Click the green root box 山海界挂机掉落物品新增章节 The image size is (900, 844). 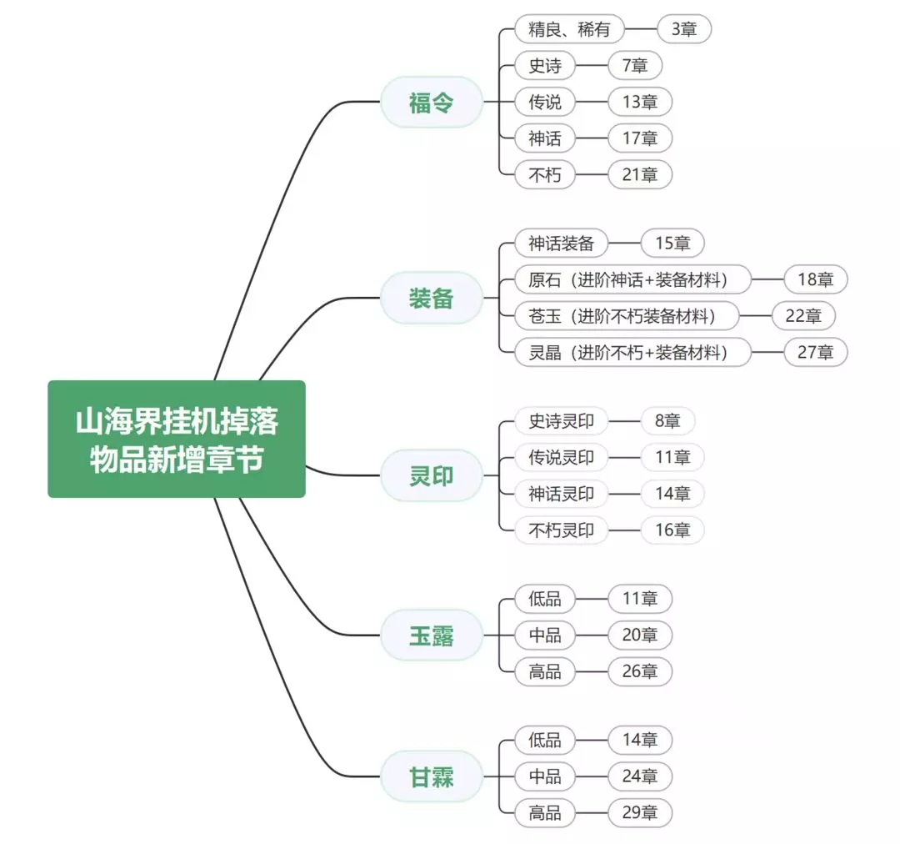tap(177, 439)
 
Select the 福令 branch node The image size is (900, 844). tap(432, 102)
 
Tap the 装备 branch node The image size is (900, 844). tap(432, 298)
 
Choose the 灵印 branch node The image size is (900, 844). tap(432, 475)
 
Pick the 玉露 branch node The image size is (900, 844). tap(432, 636)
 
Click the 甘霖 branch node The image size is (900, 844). tap(432, 776)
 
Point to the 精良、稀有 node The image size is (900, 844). tap(569, 29)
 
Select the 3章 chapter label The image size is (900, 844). tap(684, 29)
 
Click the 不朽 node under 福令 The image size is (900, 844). tap(545, 174)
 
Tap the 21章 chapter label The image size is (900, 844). tap(639, 174)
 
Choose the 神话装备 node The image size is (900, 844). tap(561, 244)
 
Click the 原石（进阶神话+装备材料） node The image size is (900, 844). tap(632, 279)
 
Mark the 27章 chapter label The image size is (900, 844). tap(815, 352)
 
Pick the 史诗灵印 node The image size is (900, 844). tap(561, 421)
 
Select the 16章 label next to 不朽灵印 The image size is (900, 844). tap(672, 530)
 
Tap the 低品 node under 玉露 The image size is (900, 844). tap(545, 598)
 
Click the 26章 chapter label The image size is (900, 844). tap(639, 671)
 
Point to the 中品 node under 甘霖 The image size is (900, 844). tap(545, 776)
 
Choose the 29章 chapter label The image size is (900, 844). tap(639, 812)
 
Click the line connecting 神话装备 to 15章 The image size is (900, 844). tap(624, 244)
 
